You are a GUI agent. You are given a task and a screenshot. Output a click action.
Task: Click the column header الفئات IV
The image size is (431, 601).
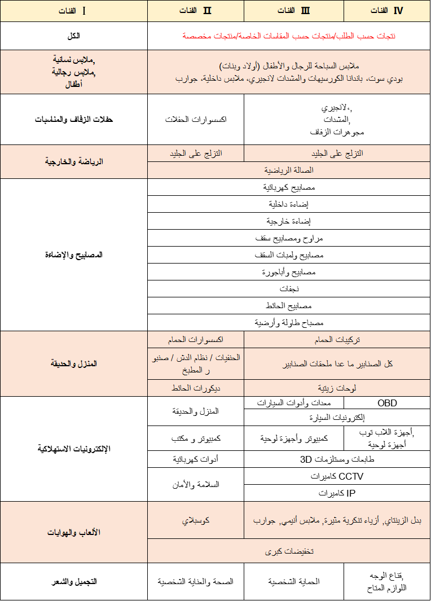[x=387, y=11]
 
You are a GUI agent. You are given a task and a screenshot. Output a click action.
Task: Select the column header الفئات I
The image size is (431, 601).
[x=73, y=11]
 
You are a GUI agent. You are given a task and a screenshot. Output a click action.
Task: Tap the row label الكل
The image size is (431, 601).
[x=73, y=36]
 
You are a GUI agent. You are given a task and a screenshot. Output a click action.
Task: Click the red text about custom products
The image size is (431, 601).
[x=288, y=36]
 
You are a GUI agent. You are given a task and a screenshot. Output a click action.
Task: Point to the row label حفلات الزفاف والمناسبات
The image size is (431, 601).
[x=73, y=120]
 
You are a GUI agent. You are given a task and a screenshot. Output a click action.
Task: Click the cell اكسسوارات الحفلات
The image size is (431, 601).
[x=196, y=120]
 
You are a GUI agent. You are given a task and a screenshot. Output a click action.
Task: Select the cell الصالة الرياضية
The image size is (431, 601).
[x=288, y=170]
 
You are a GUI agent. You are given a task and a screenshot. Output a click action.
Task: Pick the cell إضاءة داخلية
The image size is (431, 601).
[x=288, y=204]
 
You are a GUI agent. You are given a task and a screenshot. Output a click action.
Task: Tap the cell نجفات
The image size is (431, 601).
[x=288, y=288]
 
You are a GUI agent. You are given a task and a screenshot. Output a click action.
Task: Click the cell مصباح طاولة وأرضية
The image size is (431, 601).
[x=288, y=323]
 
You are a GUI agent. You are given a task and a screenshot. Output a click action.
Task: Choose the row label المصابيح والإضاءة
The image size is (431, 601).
[x=73, y=255]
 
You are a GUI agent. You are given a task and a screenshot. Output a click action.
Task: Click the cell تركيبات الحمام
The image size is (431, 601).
[x=337, y=340]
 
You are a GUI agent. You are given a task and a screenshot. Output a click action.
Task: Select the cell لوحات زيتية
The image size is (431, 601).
[x=337, y=388]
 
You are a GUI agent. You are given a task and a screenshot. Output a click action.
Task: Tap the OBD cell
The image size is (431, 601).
[x=387, y=403]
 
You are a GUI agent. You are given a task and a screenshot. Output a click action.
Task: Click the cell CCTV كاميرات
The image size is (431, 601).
[x=337, y=476]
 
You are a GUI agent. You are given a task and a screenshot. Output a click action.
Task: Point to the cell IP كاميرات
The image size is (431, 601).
[x=337, y=493]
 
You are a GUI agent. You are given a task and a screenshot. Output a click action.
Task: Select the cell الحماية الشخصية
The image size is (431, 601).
[x=293, y=581]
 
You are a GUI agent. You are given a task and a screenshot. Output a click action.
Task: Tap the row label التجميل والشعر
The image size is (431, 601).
[x=73, y=581]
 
